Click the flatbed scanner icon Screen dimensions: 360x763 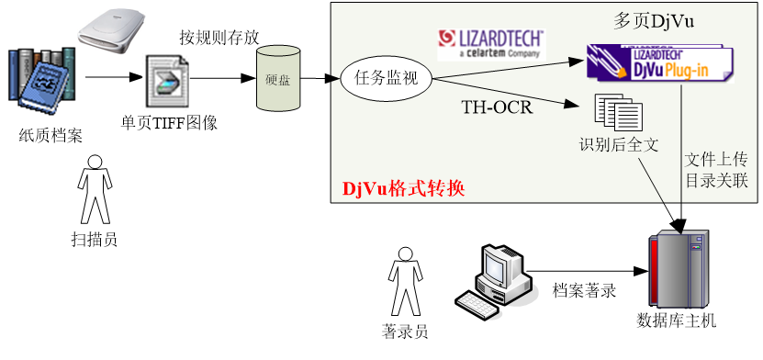111,32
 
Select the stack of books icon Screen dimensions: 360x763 41,74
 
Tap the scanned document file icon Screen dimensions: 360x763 165,83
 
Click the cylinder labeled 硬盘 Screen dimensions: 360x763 278,80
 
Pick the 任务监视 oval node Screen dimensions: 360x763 386,78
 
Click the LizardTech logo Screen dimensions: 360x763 491,42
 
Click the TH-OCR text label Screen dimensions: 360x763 497,107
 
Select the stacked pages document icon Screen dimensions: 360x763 618,113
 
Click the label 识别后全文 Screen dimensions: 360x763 619,145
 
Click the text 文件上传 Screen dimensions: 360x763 716,159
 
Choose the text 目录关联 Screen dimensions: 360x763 716,180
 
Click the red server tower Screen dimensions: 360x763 679,270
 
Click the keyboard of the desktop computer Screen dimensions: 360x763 486,303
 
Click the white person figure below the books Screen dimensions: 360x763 95,188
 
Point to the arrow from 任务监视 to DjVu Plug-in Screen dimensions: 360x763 505,67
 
